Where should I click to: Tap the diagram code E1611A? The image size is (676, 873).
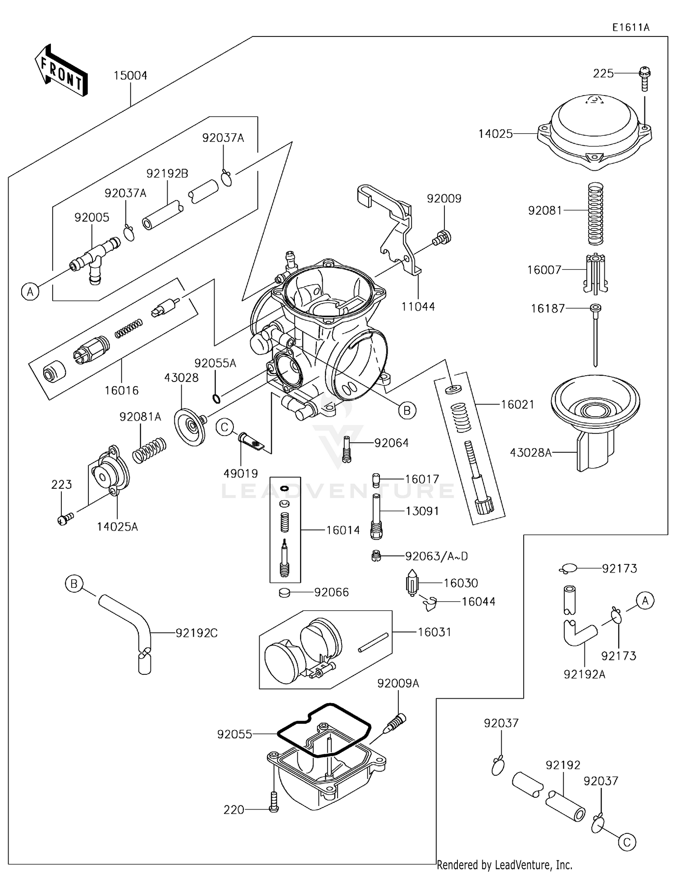[x=630, y=27]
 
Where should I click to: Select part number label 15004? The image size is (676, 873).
[x=130, y=76]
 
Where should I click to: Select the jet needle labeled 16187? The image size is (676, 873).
[x=595, y=333]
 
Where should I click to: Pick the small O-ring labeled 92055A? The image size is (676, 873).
[x=216, y=399]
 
